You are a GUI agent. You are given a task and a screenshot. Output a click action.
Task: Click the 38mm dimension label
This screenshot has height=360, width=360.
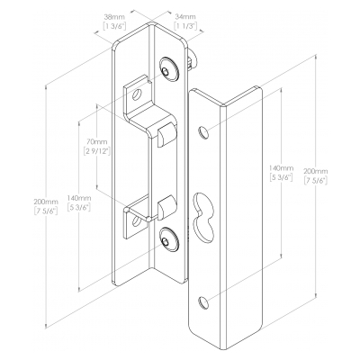click(114, 16)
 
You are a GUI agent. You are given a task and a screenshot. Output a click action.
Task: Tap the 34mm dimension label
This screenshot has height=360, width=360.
click(185, 16)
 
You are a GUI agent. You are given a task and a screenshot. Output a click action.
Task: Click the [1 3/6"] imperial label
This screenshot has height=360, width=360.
click(114, 26)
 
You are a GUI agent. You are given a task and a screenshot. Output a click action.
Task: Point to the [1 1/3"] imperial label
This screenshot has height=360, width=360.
click(185, 26)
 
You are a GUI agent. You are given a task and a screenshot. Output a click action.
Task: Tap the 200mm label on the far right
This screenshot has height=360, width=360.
click(316, 171)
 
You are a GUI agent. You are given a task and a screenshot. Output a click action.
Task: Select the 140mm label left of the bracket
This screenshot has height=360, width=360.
click(79, 198)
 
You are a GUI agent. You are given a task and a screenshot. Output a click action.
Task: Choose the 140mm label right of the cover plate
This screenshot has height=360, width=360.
click(281, 168)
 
